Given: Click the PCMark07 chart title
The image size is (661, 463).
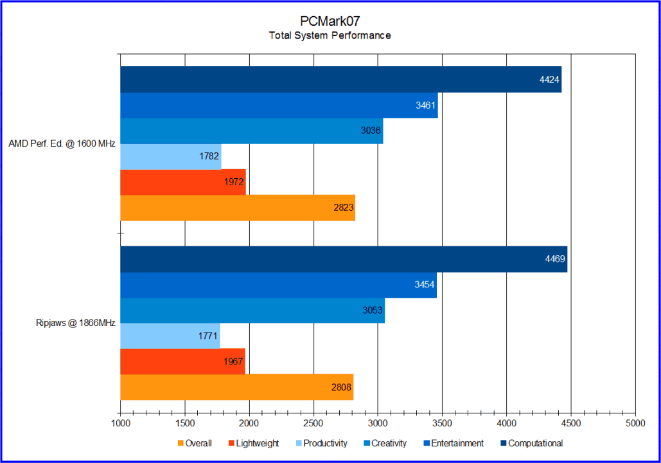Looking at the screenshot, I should click(330, 21).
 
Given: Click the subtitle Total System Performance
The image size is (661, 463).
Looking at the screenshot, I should click(330, 36).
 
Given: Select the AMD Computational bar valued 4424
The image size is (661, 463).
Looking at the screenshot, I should click(340, 80).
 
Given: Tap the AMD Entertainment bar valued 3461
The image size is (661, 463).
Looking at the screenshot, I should click(279, 105).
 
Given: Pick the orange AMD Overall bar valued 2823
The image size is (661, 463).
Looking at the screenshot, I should click(238, 208).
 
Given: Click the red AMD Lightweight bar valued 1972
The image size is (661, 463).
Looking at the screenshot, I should click(183, 182).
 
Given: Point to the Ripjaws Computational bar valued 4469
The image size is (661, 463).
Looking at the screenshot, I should click(344, 259).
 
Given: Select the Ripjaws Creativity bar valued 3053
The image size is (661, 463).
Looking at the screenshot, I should click(252, 311).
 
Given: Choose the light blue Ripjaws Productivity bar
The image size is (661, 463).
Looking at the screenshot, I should click(170, 336).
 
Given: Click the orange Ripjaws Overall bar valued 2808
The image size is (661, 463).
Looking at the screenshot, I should click(236, 387).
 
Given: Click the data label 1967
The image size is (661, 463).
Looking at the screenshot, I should click(234, 361).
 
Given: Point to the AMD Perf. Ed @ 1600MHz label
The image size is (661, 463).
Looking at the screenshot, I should click(62, 144).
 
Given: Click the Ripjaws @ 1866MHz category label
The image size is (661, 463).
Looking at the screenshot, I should click(75, 323).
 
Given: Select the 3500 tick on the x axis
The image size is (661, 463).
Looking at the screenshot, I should click(442, 423).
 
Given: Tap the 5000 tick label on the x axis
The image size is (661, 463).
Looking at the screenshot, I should click(635, 423).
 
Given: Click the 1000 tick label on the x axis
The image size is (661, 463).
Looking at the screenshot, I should click(121, 423).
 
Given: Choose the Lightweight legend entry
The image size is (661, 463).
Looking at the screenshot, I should click(253, 443).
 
